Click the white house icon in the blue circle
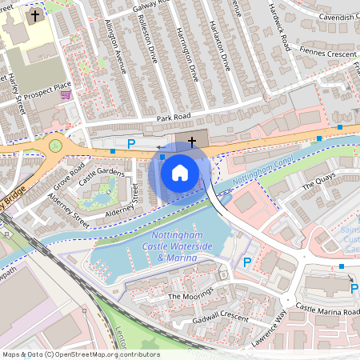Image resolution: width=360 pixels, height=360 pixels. pos(180,172)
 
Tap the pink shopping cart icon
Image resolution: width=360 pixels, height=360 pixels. pos(66,94)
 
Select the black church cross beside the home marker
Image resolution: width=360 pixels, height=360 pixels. pos(190,143)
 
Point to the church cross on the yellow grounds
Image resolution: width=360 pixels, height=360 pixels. pos(34,15)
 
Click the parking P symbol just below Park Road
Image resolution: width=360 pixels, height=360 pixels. pos(131,143)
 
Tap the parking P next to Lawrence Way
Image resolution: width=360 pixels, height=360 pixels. pos(247,262)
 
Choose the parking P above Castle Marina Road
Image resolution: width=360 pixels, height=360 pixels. pos(354,287)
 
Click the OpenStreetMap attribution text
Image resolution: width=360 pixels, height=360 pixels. pos(80,354)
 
